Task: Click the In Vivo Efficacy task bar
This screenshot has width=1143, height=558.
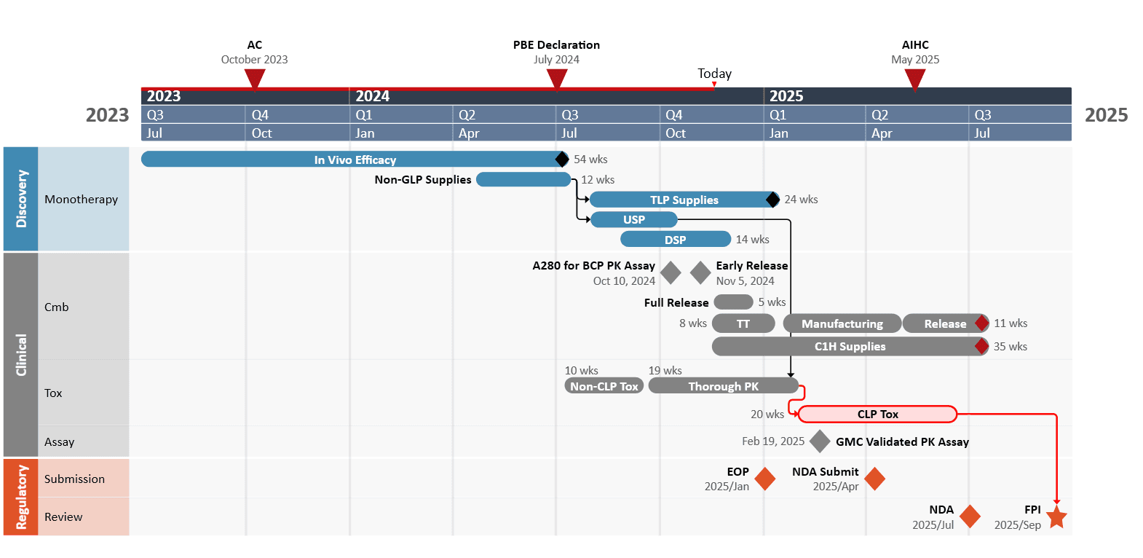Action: (355, 160)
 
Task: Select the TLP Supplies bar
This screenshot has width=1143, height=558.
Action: (684, 200)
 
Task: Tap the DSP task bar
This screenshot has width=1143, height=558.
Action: (675, 240)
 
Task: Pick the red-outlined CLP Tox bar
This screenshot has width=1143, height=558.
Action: (877, 414)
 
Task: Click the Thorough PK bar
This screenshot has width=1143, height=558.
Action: (723, 386)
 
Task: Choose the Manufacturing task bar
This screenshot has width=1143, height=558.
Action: (842, 323)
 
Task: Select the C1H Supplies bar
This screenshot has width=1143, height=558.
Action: (849, 347)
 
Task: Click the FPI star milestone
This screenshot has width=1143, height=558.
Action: (1056, 518)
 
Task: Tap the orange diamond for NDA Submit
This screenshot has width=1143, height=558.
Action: (874, 479)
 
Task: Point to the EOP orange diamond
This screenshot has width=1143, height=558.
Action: (765, 479)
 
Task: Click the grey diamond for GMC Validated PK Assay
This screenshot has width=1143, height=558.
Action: (820, 441)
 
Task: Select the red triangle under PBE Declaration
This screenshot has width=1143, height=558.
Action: (557, 79)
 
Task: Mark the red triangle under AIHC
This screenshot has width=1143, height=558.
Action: (915, 79)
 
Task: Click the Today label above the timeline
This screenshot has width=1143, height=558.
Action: (714, 74)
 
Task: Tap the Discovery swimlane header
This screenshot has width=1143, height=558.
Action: (21, 199)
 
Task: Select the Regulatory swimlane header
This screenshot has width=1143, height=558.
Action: (21, 497)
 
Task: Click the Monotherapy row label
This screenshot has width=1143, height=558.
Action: (81, 200)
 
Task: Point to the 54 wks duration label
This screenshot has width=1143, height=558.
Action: (590, 160)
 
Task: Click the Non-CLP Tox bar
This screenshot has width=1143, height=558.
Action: (604, 386)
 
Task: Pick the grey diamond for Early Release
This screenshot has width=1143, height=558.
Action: (700, 273)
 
